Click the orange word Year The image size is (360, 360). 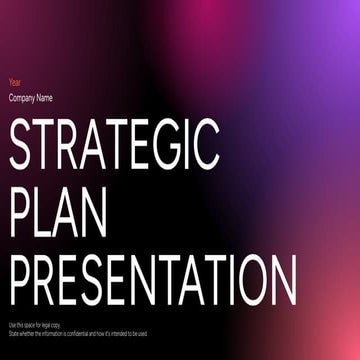click(x=14, y=82)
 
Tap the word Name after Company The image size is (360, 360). click(x=46, y=97)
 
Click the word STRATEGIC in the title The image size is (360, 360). click(x=113, y=143)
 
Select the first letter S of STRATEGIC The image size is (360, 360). click(x=22, y=143)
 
